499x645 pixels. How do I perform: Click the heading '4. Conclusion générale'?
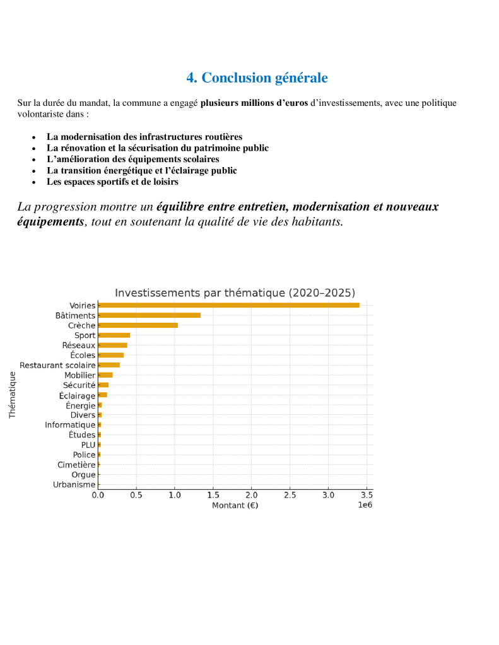point(257,78)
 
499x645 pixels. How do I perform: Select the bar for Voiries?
point(228,305)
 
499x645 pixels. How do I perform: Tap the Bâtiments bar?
point(150,315)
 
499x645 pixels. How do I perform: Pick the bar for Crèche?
point(138,325)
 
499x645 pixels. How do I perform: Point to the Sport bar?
point(114,335)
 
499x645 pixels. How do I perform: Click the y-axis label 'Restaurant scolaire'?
point(57,365)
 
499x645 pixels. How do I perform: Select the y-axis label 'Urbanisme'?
point(74,485)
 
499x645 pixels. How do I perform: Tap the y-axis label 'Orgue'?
point(83,475)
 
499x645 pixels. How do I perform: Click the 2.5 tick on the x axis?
point(290,496)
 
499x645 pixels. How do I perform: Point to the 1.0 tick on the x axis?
point(175,496)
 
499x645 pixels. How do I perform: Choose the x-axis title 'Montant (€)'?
point(235,506)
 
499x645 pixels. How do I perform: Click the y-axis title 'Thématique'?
point(12,395)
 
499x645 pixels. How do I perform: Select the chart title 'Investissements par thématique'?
point(235,293)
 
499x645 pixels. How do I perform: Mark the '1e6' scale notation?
point(365,506)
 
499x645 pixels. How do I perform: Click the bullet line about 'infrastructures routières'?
point(144,137)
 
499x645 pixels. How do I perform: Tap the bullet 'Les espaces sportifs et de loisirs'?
point(112,182)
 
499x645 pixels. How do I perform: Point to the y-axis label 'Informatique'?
point(70,425)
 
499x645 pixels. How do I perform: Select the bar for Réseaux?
point(113,345)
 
